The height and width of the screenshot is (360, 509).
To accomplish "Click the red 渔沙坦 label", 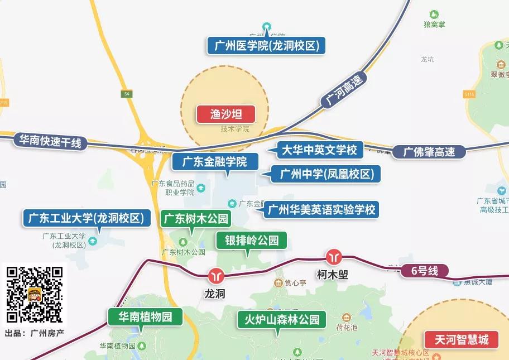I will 225,114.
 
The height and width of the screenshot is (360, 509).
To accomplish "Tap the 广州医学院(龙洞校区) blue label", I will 266,46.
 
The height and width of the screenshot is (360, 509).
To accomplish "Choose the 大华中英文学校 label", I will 319,150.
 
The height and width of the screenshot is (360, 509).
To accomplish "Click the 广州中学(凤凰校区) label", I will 326,174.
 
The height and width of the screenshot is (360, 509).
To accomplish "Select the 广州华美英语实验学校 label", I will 321,210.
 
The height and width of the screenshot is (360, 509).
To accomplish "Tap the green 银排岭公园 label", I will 252,241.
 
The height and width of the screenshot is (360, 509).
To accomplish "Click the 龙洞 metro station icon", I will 215,275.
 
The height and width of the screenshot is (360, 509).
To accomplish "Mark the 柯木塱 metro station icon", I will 334,256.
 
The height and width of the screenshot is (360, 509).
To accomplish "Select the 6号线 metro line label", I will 425,272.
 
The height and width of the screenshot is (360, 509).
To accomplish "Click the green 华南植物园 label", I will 145,318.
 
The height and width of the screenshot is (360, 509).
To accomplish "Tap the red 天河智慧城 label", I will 462,339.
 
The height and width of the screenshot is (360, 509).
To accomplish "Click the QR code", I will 34,295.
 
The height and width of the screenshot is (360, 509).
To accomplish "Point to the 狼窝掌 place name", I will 434,25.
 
